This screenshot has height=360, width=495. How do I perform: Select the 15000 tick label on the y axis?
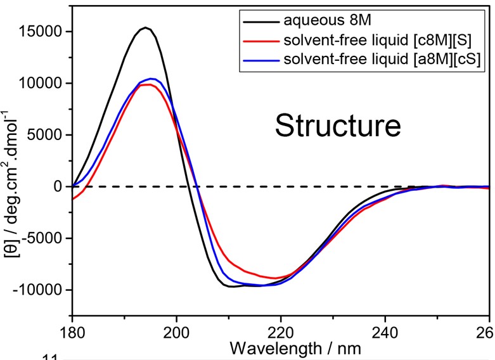(44, 32)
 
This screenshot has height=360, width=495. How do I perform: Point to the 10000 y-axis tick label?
(44, 84)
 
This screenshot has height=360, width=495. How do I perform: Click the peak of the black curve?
(145, 27)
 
